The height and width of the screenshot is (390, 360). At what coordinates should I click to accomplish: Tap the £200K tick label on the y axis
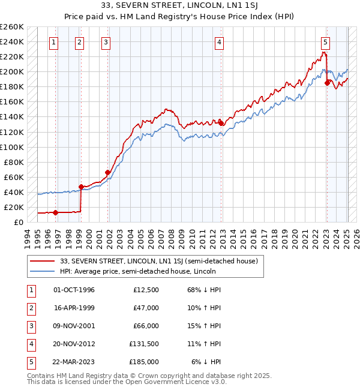click(x=12, y=71)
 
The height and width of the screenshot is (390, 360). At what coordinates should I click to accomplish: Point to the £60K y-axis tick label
click(x=14, y=177)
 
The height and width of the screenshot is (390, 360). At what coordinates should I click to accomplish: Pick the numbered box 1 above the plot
click(x=55, y=42)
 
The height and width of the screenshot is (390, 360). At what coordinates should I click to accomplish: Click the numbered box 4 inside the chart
click(x=220, y=42)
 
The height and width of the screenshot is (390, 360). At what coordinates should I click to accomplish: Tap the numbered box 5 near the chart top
click(x=325, y=42)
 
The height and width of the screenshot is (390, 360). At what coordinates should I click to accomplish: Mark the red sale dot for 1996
click(x=55, y=212)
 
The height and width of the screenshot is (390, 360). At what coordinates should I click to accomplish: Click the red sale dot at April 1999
click(x=81, y=187)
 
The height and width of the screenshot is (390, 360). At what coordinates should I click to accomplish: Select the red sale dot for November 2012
click(x=221, y=123)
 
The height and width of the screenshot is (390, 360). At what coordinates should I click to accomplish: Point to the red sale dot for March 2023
click(x=327, y=83)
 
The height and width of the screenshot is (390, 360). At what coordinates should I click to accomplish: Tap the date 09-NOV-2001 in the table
click(x=74, y=326)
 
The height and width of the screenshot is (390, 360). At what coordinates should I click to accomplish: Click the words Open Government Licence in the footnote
click(x=167, y=382)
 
